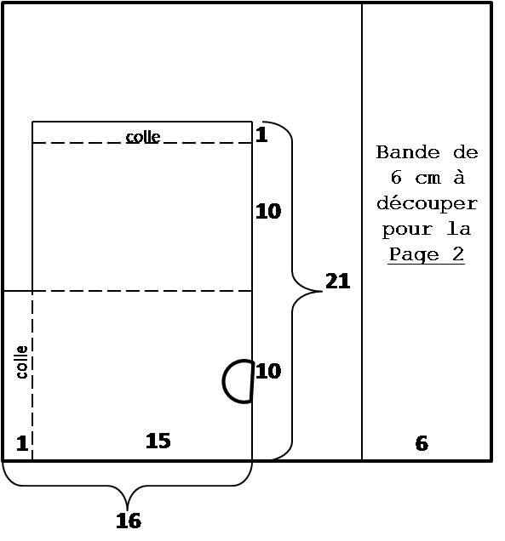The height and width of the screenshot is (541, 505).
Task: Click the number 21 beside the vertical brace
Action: [337, 281]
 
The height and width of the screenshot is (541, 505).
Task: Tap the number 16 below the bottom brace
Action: [129, 521]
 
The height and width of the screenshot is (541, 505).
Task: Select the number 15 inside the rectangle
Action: [158, 441]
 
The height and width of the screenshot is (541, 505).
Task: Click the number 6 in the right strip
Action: [422, 443]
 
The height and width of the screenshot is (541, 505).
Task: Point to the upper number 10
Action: [268, 211]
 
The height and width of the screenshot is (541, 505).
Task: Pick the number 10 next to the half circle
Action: [268, 371]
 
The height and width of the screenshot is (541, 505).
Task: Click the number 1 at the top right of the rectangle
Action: [261, 134]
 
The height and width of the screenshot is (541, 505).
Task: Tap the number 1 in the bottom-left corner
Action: [22, 443]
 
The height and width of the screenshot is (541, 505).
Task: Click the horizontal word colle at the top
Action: [143, 137]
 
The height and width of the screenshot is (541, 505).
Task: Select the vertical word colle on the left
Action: [22, 362]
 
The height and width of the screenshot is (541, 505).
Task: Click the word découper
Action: [427, 203]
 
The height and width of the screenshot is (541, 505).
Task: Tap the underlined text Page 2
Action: [427, 254]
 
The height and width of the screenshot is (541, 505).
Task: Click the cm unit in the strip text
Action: [428, 179]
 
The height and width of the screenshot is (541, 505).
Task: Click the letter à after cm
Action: [459, 177]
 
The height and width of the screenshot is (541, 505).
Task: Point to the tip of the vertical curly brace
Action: [322, 291]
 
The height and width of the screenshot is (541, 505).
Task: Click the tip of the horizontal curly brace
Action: [128, 510]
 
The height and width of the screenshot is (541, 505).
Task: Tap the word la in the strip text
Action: [459, 229]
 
